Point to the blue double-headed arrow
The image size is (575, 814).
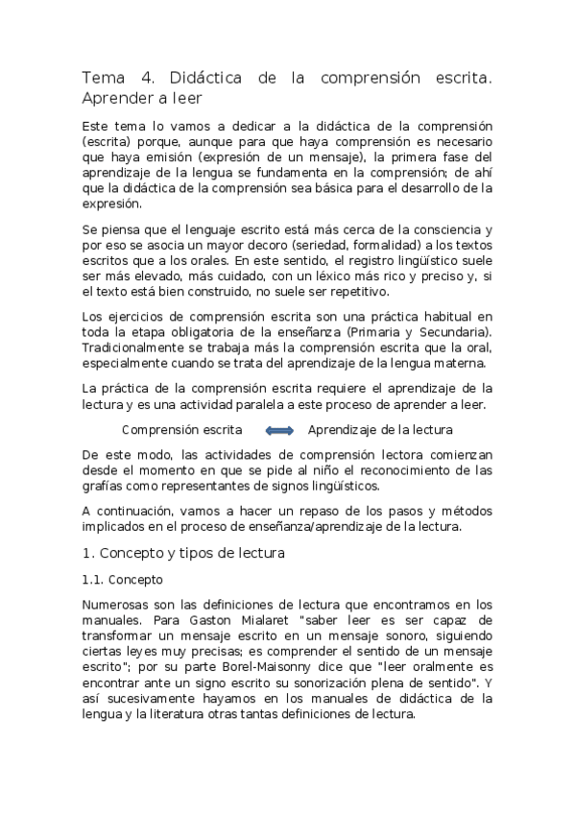(x=278, y=430)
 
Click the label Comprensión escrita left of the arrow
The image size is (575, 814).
(x=181, y=430)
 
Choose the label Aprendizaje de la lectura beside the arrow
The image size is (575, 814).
(x=379, y=430)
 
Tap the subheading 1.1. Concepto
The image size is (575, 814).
(x=122, y=580)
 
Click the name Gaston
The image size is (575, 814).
(x=225, y=620)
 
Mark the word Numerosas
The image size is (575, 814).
(x=116, y=606)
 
